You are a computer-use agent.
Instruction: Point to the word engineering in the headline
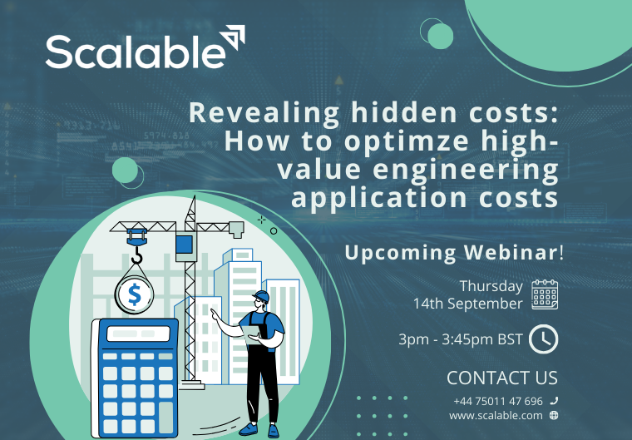(476, 171)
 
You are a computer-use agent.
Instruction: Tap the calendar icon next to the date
(545, 294)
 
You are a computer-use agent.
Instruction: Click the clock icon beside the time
(544, 339)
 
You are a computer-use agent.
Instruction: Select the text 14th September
(468, 304)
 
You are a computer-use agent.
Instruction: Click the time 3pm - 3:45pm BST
(458, 339)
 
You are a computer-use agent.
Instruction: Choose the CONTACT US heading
(501, 378)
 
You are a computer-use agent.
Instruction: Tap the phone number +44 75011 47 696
(497, 401)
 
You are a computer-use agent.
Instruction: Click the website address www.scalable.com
(496, 415)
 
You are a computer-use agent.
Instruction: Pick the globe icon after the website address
(554, 415)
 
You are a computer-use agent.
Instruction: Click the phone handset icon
(554, 401)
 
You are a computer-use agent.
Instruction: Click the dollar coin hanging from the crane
(133, 294)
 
